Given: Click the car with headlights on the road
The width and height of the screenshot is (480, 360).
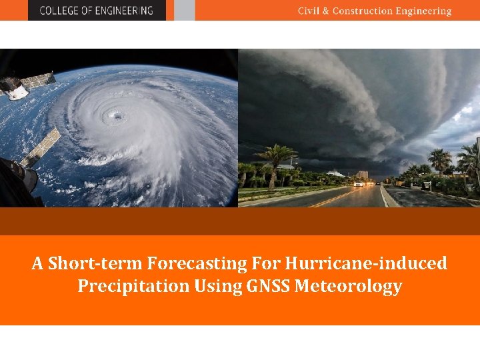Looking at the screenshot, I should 359,183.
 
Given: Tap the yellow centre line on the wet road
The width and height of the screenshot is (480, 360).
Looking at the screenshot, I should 333,198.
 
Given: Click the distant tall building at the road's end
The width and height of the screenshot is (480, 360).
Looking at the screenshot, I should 362,175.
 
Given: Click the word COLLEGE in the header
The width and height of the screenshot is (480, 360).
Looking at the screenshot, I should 58,10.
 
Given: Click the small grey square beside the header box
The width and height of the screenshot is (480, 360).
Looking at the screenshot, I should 185,10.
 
